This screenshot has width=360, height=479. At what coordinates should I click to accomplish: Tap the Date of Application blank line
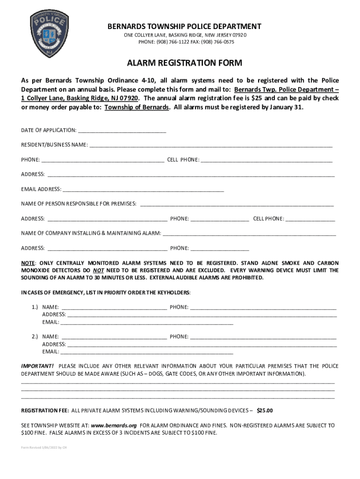tap(122, 130)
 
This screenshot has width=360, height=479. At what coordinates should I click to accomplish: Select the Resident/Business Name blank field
tap(211, 145)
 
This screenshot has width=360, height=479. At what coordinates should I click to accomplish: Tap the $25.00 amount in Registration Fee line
tap(265, 411)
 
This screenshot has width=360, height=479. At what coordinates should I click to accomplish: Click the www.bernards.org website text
tap(114, 426)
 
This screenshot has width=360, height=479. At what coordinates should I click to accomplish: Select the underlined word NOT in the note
tap(98, 270)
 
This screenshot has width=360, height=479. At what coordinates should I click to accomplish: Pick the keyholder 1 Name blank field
tap(114, 307)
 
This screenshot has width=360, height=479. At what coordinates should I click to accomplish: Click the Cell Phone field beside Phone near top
tap(266, 160)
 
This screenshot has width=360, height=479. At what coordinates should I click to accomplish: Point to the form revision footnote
tap(41, 447)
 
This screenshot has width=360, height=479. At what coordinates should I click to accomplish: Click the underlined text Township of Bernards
tap(137, 107)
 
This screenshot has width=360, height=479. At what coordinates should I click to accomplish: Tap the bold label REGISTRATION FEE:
tap(45, 411)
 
